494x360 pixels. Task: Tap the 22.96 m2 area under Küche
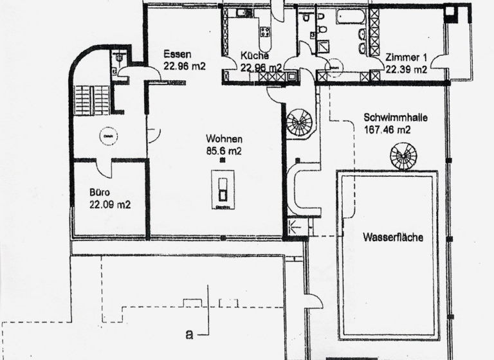pos(261,67)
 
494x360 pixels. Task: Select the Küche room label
pos(255,56)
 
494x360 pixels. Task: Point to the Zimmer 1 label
pos(406,58)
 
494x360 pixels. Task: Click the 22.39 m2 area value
pos(406,69)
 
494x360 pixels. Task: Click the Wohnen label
pos(224,139)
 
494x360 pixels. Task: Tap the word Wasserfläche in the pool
pos(392,237)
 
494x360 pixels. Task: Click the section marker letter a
pos(188,334)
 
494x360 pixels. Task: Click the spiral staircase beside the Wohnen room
pos(298,122)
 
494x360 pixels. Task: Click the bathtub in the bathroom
pos(351,15)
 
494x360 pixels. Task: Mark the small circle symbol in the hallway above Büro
pos(107,136)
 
